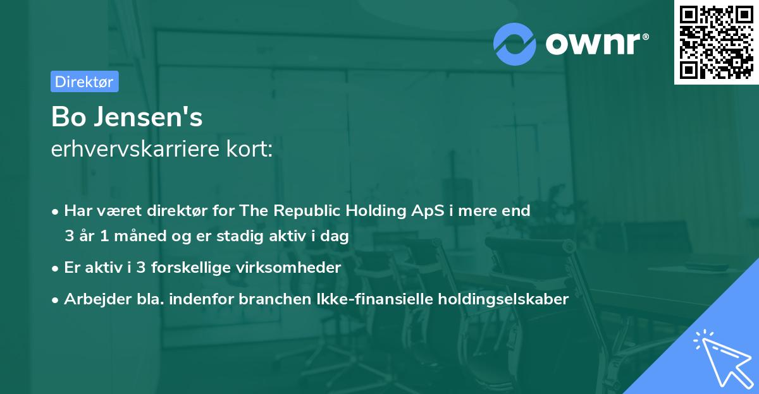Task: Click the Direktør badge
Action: [84, 81]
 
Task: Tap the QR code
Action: [716, 42]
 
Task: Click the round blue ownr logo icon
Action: [515, 44]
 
